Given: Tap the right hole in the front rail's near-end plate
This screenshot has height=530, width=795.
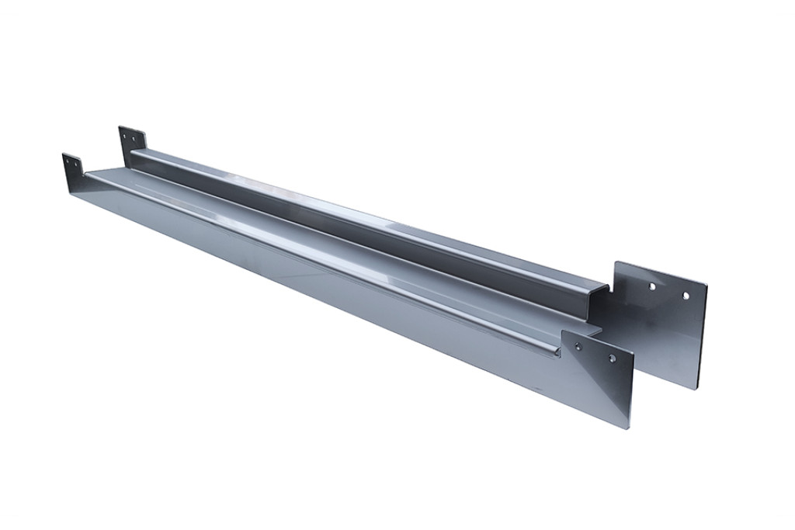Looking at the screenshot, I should [613, 359].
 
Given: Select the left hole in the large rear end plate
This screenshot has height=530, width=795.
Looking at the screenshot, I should [651, 286].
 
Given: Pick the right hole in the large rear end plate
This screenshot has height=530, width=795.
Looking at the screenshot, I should [686, 295].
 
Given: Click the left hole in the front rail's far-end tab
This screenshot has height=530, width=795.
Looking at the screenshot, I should [68, 162].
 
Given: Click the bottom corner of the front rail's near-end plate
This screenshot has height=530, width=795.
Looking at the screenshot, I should [629, 426].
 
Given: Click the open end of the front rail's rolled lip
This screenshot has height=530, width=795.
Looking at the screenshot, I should [557, 353].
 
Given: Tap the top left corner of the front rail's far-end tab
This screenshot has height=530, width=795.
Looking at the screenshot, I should [63, 154].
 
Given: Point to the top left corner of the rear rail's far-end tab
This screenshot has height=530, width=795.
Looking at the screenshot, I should [119, 127].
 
